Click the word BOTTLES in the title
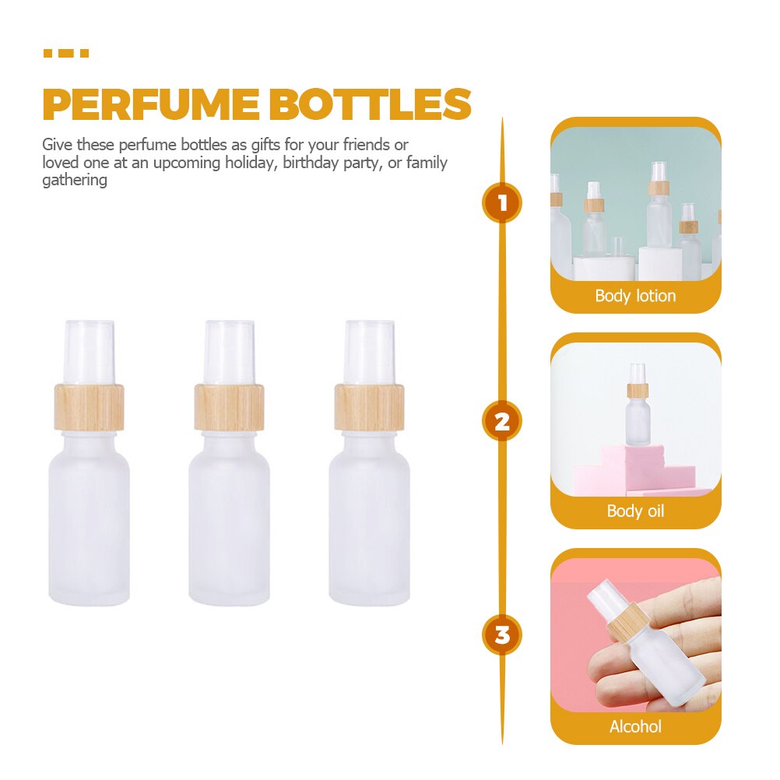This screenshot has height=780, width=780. [371, 104]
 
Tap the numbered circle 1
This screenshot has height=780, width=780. [502, 203]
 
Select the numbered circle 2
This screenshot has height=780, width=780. [502, 421]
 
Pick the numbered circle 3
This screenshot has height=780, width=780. [502, 634]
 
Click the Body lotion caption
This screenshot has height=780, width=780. [635, 296]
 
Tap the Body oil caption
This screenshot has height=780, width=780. [635, 511]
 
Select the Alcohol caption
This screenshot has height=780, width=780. [635, 726]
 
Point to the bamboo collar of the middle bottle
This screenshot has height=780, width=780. [229, 407]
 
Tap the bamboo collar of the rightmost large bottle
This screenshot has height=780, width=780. [369, 407]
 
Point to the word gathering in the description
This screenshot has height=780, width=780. [74, 181]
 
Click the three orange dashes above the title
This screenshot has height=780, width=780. [66, 54]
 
